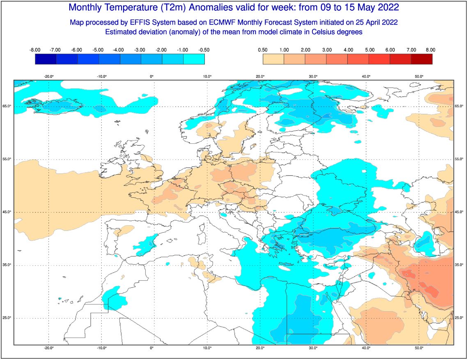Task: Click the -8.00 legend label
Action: coord(34,50)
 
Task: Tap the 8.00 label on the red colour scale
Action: coord(430,50)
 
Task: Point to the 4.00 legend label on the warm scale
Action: coord(348,50)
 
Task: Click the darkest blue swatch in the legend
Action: coord(46,59)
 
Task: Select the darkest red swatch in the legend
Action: coord(422,59)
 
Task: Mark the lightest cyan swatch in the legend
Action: coord(194,59)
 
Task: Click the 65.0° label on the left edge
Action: coord(7,106)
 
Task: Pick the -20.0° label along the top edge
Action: coord(49,76)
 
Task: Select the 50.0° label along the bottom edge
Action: coord(419,348)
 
